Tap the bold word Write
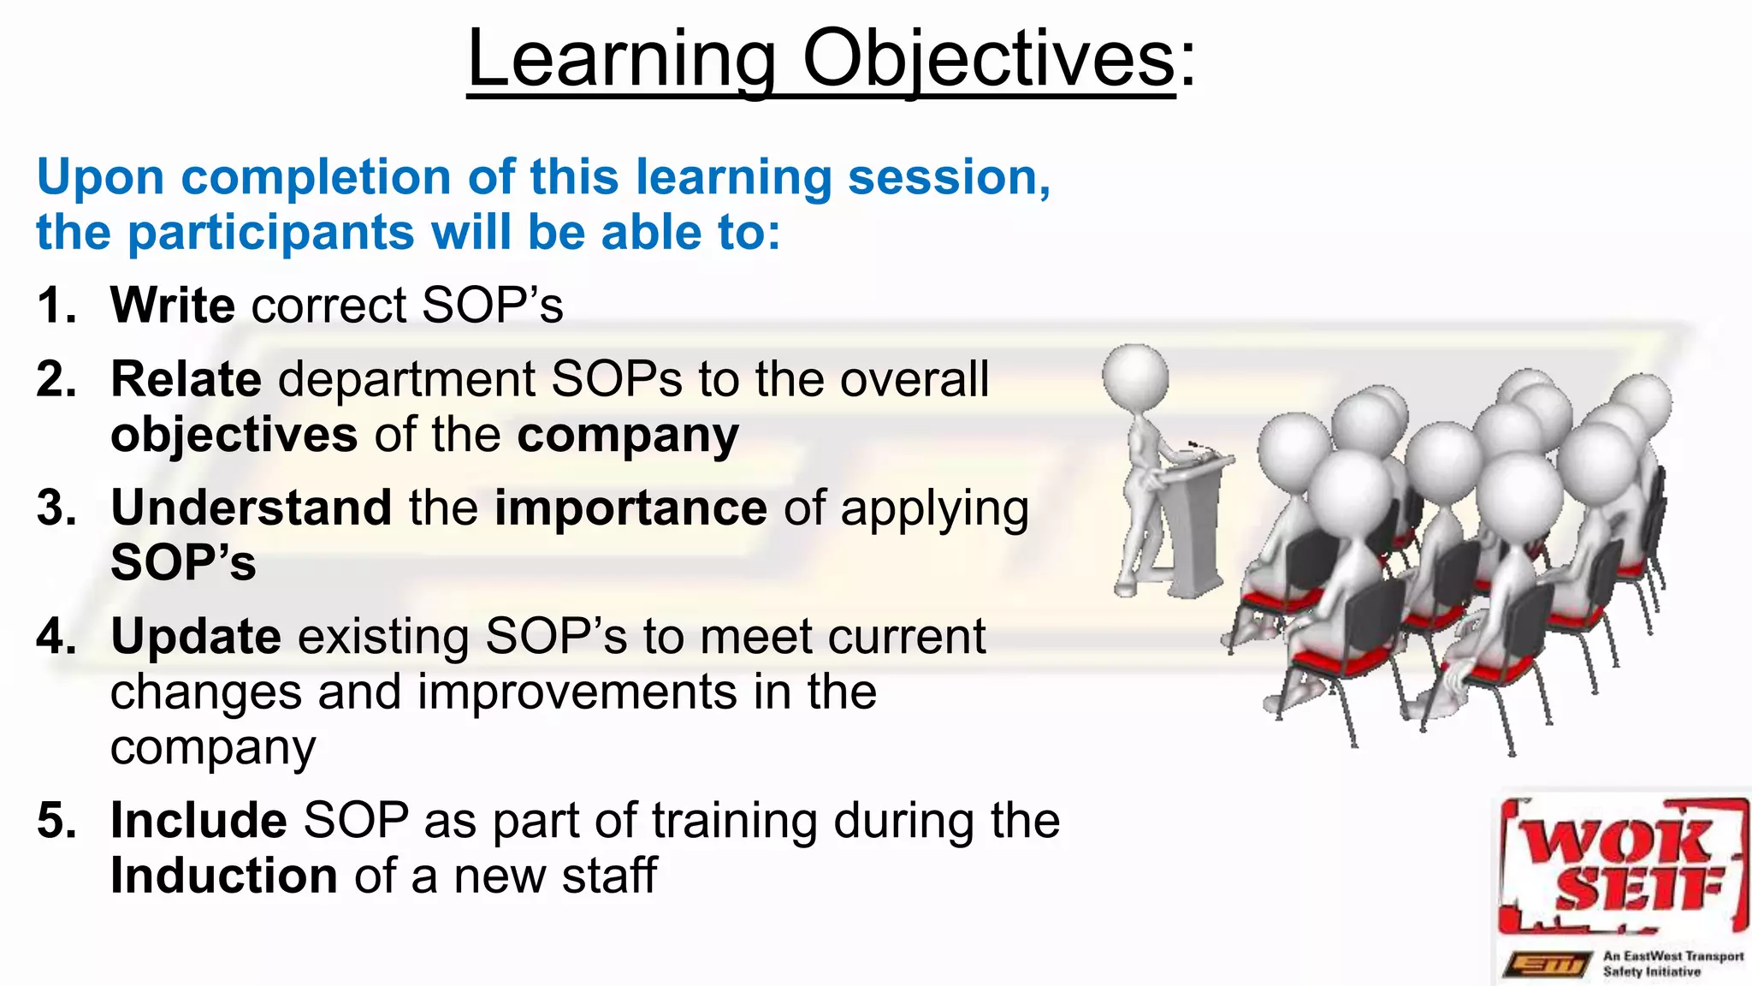click(x=173, y=305)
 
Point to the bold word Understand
click(x=252, y=507)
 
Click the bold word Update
click(x=195, y=636)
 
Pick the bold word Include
click(x=198, y=820)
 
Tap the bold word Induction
click(x=224, y=876)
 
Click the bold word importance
click(x=630, y=507)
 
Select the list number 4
click(x=56, y=636)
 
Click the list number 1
click(x=56, y=305)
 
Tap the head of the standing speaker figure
click(x=1135, y=377)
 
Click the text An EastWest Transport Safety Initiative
click(x=1672, y=964)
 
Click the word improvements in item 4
click(x=577, y=692)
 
